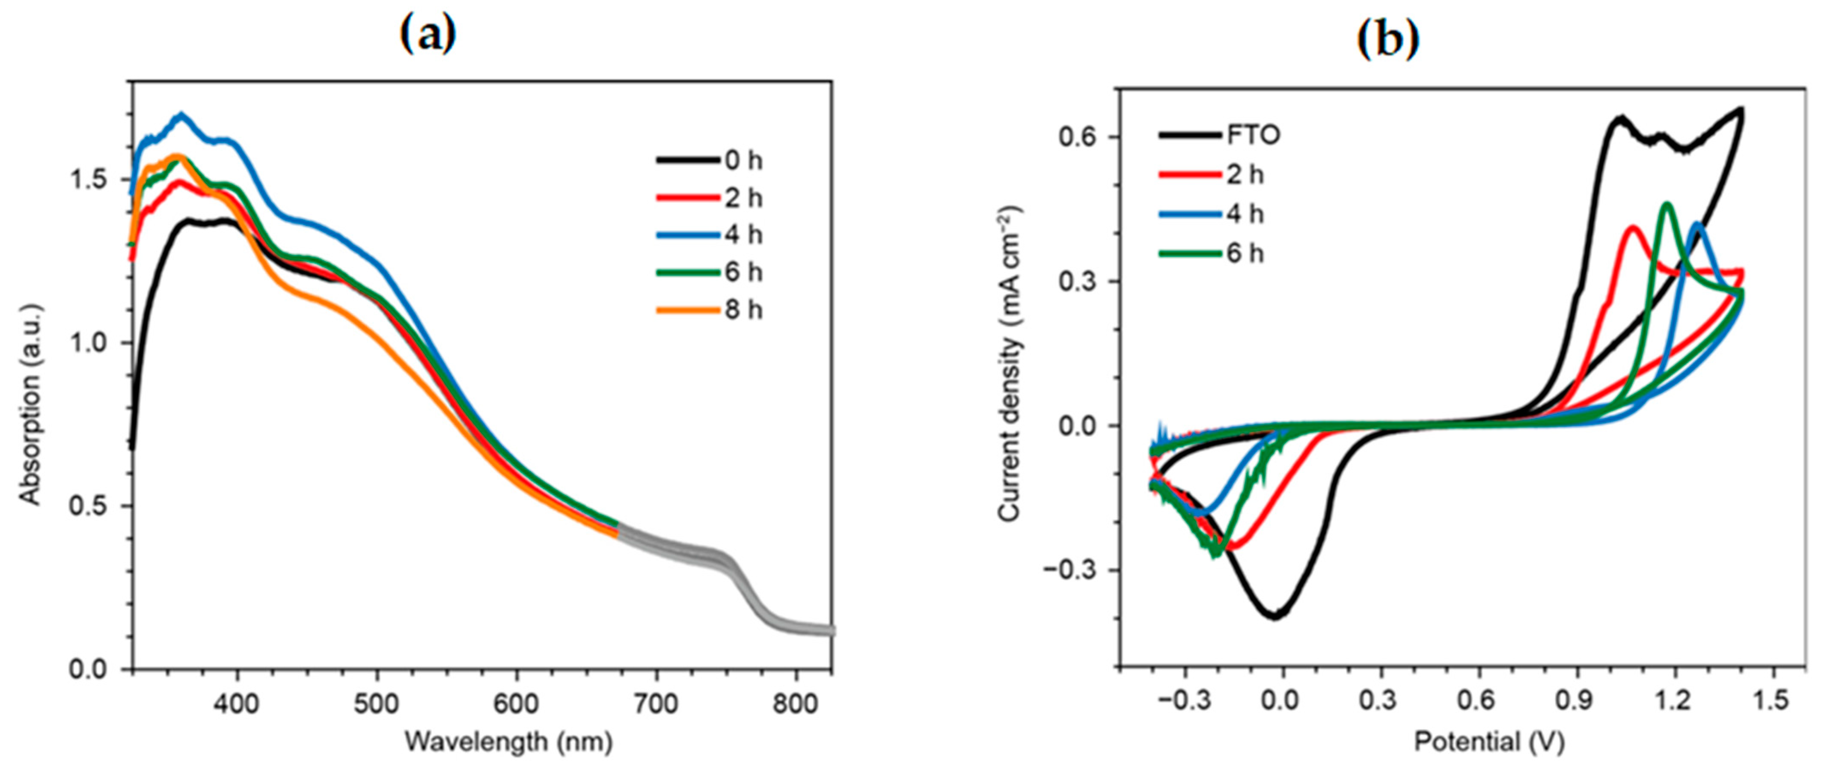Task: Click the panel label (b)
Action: coord(1387,40)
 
